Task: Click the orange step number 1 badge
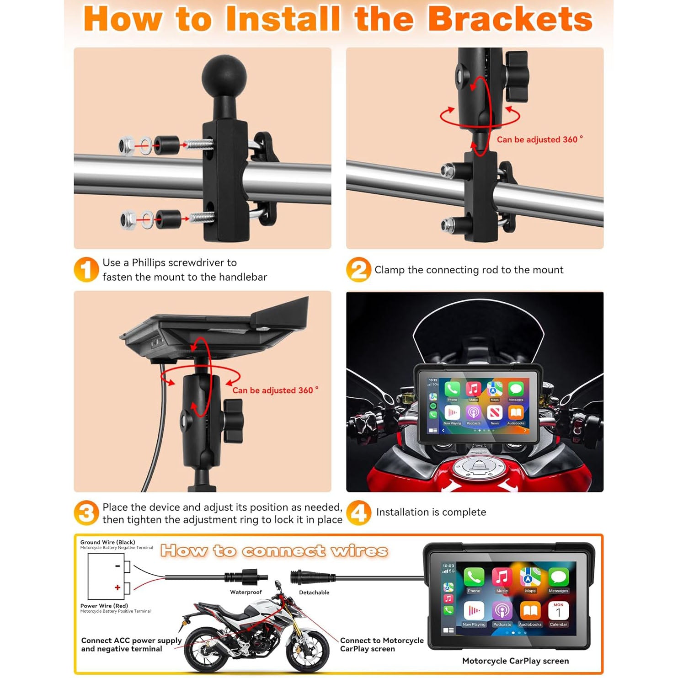point(86,270)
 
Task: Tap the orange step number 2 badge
point(358,270)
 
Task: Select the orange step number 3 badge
point(86,513)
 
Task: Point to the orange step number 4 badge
point(358,513)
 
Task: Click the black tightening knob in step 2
point(517,76)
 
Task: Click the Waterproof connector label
point(246,592)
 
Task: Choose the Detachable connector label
point(314,592)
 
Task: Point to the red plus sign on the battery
point(117,587)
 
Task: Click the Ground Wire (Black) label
point(107,542)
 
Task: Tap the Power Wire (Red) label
point(104,606)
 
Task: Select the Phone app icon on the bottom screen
point(474,578)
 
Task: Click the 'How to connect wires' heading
point(274,551)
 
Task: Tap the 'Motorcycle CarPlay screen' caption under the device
point(515,661)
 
